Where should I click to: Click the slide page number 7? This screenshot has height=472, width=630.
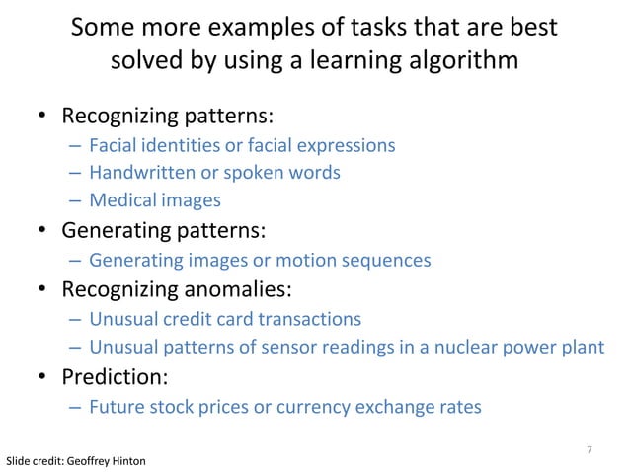(x=589, y=450)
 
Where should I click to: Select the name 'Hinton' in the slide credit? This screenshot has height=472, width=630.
(x=129, y=461)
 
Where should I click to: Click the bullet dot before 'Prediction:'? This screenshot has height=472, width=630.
(x=43, y=378)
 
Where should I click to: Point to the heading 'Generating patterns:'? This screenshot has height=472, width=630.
(x=164, y=232)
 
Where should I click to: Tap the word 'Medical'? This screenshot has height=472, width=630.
(x=120, y=200)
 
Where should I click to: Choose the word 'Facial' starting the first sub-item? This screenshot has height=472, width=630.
(x=114, y=145)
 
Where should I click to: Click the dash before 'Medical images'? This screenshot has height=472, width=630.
(x=76, y=200)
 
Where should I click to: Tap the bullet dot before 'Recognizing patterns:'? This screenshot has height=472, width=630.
(x=43, y=118)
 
